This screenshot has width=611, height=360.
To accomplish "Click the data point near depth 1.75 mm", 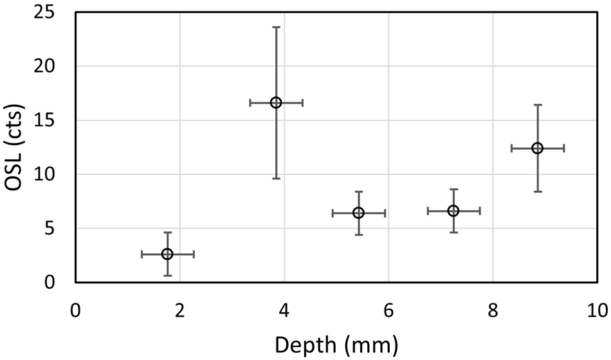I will point(167,254).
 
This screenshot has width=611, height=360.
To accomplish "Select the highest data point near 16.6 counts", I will point(276,102).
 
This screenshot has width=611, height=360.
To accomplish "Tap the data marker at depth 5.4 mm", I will point(358,213).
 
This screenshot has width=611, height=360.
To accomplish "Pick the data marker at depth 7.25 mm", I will point(453,211).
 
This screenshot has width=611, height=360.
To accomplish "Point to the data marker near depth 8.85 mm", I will point(537,148).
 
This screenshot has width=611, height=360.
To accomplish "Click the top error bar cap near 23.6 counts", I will point(276,27).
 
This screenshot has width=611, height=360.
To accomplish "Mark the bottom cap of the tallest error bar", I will point(276,178).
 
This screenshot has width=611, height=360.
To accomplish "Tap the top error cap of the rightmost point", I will point(537,105).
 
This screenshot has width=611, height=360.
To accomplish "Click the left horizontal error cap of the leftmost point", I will point(141,254).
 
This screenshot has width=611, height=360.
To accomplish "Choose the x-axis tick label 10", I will point(596,310).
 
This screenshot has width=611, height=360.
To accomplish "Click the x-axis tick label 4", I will point(284,310).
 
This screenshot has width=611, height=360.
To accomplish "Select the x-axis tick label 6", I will point(388,310).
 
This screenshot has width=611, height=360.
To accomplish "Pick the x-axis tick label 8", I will point(493,310).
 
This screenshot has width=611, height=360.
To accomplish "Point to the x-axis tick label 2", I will point(179,310).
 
